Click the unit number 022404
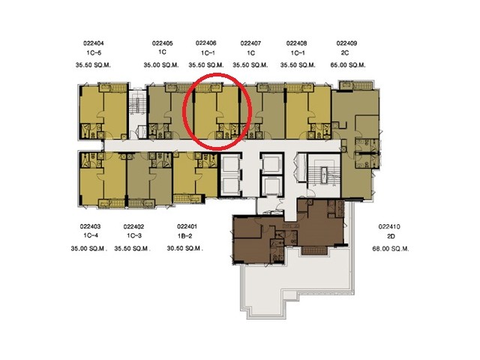pos(93,43)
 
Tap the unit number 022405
pos(162,43)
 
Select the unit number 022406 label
pos(206,43)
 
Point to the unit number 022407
pos(250,43)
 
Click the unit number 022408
pos(297,43)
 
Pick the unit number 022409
pos(346,43)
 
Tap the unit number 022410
pos(389,226)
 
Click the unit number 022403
pos(90,226)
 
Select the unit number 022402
pos(133,226)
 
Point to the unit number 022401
pos(187,226)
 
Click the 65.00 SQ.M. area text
pos(348,65)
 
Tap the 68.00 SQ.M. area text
pos(391,249)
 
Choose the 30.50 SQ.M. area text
pos(185,248)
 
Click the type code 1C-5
pos(94,52)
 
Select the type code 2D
pos(391,236)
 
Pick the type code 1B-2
pos(185,236)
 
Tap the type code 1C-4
pos(91,235)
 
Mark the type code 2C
pos(345,53)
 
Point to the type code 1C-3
pos(134,235)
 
